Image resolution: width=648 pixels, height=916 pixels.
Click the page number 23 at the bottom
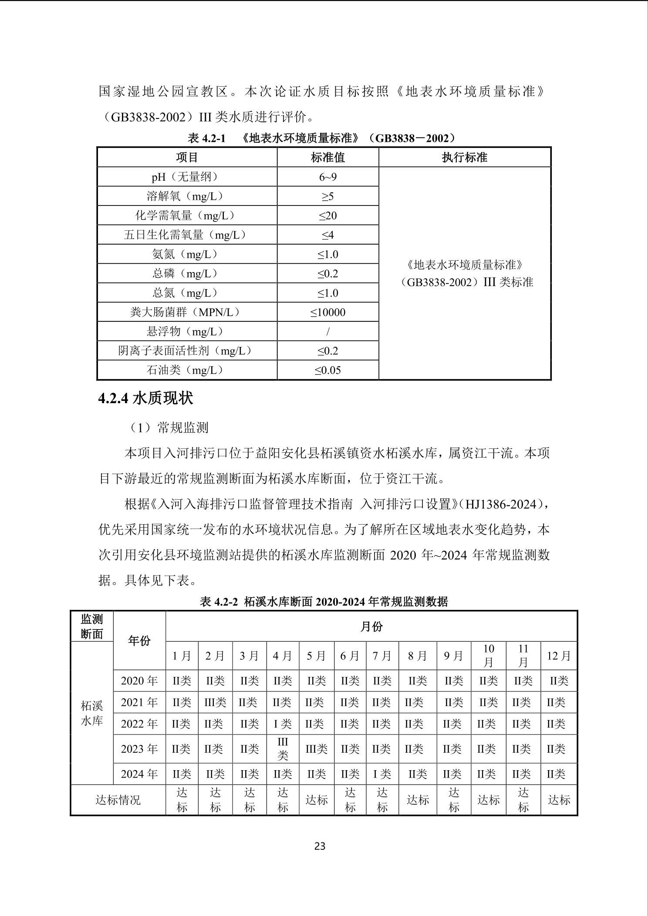pyautogui.click(x=320, y=846)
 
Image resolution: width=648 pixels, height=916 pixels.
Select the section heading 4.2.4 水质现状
pyautogui.click(x=145, y=398)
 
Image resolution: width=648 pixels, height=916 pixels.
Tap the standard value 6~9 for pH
pyautogui.click(x=327, y=177)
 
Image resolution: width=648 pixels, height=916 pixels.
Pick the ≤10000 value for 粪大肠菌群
pyautogui.click(x=327, y=312)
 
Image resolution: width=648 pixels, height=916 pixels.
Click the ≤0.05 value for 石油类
pyautogui.click(x=327, y=370)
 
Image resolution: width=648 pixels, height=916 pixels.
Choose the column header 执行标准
pyautogui.click(x=464, y=157)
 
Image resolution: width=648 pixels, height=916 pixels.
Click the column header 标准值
pyautogui.click(x=327, y=157)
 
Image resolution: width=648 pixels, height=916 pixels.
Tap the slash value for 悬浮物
pyautogui.click(x=327, y=332)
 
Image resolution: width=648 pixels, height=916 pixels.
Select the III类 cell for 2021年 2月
pyautogui.click(x=215, y=702)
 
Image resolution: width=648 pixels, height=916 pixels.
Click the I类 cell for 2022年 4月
pyautogui.click(x=283, y=724)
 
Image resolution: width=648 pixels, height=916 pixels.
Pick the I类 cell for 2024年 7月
pyautogui.click(x=382, y=774)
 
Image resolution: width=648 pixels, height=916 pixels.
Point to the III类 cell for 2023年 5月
pyautogui.click(x=316, y=749)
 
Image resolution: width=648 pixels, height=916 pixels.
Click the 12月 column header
pyautogui.click(x=559, y=656)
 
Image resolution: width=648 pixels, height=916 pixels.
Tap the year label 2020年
pyautogui.click(x=139, y=681)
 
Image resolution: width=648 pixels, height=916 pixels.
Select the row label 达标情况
pyautogui.click(x=118, y=800)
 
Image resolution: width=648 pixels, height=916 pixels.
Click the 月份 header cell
pyautogui.click(x=371, y=626)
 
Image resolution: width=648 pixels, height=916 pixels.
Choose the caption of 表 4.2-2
pyautogui.click(x=324, y=602)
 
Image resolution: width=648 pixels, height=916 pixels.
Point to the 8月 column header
pyautogui.click(x=417, y=656)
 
